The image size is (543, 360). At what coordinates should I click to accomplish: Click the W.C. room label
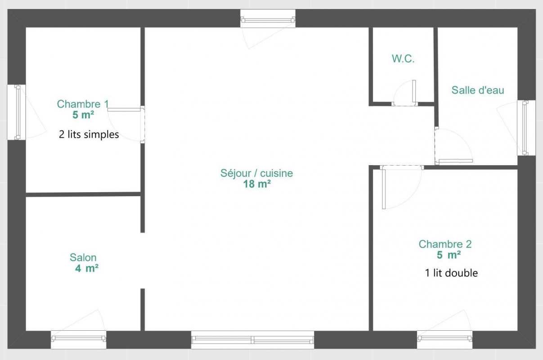403,58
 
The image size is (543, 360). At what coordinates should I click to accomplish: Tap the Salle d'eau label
478,90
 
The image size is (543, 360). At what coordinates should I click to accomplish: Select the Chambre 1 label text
83,104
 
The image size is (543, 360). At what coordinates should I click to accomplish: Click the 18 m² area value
257,184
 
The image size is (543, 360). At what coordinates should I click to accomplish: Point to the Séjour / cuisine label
257,173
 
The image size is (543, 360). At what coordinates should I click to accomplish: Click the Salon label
83,257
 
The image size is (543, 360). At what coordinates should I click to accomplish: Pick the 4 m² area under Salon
87,268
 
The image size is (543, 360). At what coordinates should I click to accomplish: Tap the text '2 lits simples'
89,135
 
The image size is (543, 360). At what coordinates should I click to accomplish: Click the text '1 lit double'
451,273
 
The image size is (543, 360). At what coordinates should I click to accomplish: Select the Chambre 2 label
445,244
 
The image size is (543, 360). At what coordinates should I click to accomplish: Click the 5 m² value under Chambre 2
449,255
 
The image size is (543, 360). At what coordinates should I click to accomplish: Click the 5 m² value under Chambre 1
83,115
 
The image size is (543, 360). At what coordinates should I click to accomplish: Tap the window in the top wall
268,18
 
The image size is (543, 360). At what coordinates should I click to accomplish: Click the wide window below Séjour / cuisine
252,340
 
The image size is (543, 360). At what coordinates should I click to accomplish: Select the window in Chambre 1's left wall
17,112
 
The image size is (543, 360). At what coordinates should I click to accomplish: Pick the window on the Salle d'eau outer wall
526,128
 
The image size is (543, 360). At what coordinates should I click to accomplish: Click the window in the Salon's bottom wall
79,340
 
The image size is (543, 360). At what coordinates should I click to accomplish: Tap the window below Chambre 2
444,340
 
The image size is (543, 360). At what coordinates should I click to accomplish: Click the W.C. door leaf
414,91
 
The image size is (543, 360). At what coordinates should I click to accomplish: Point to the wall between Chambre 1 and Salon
83,194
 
